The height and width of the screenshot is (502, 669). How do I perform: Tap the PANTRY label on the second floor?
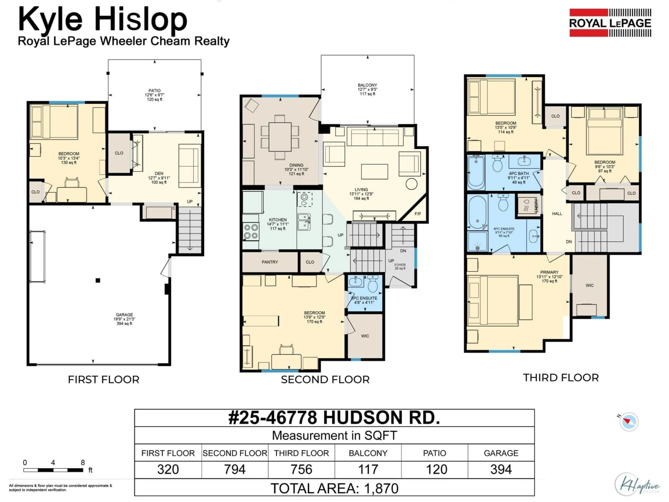point(270,262)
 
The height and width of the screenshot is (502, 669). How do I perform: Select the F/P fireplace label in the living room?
point(417,214)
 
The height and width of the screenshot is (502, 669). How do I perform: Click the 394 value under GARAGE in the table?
point(501,470)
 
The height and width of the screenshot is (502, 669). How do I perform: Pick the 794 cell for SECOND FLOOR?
point(235,470)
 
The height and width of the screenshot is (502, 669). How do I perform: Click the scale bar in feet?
point(53,470)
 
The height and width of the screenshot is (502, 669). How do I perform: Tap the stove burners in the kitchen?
point(251,232)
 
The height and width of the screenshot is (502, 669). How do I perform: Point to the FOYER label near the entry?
point(400,265)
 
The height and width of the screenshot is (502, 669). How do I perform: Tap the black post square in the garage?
point(98,280)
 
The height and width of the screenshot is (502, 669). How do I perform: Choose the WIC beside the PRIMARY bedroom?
point(589,285)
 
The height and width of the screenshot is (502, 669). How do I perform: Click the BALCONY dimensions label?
point(367,90)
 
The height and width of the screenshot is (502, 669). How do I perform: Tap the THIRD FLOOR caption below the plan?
point(561,378)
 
